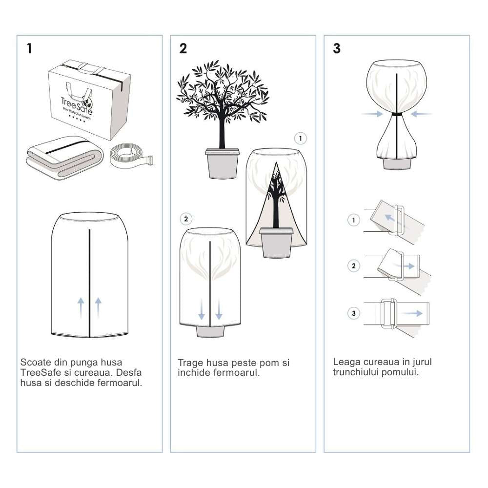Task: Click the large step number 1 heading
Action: (30, 49)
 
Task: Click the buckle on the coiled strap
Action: (148, 161)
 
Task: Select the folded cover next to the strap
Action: (63, 156)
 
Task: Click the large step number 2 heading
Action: (183, 49)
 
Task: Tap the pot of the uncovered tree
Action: (223, 163)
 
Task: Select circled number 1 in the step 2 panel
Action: (301, 139)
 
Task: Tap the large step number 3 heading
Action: (337, 49)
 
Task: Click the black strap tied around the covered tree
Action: (397, 115)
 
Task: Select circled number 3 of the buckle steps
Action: (354, 313)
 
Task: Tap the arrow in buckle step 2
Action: (409, 266)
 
